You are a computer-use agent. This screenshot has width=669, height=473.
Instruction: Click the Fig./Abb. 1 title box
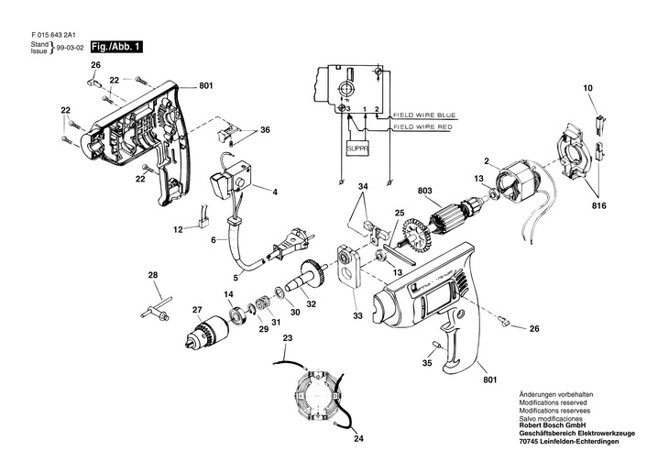click(x=109, y=47)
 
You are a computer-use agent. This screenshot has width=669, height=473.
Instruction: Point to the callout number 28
click(x=153, y=274)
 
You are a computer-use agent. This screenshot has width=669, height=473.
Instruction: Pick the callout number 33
click(x=357, y=316)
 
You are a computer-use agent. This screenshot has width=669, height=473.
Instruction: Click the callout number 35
click(x=426, y=364)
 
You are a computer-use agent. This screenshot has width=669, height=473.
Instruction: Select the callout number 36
click(x=265, y=130)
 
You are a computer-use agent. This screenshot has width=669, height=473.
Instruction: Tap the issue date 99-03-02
click(x=71, y=47)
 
